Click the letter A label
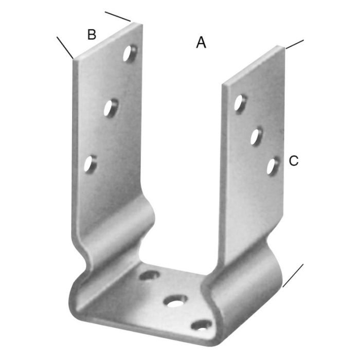tap(201, 42)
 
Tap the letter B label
tap(92, 34)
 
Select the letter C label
tap(293, 161)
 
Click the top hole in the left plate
tap(131, 53)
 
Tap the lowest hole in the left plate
tap(91, 164)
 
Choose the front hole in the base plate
tap(203, 325)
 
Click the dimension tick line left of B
tap(65, 47)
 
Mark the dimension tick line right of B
tap(118, 16)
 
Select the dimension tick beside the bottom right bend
tap(293, 275)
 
